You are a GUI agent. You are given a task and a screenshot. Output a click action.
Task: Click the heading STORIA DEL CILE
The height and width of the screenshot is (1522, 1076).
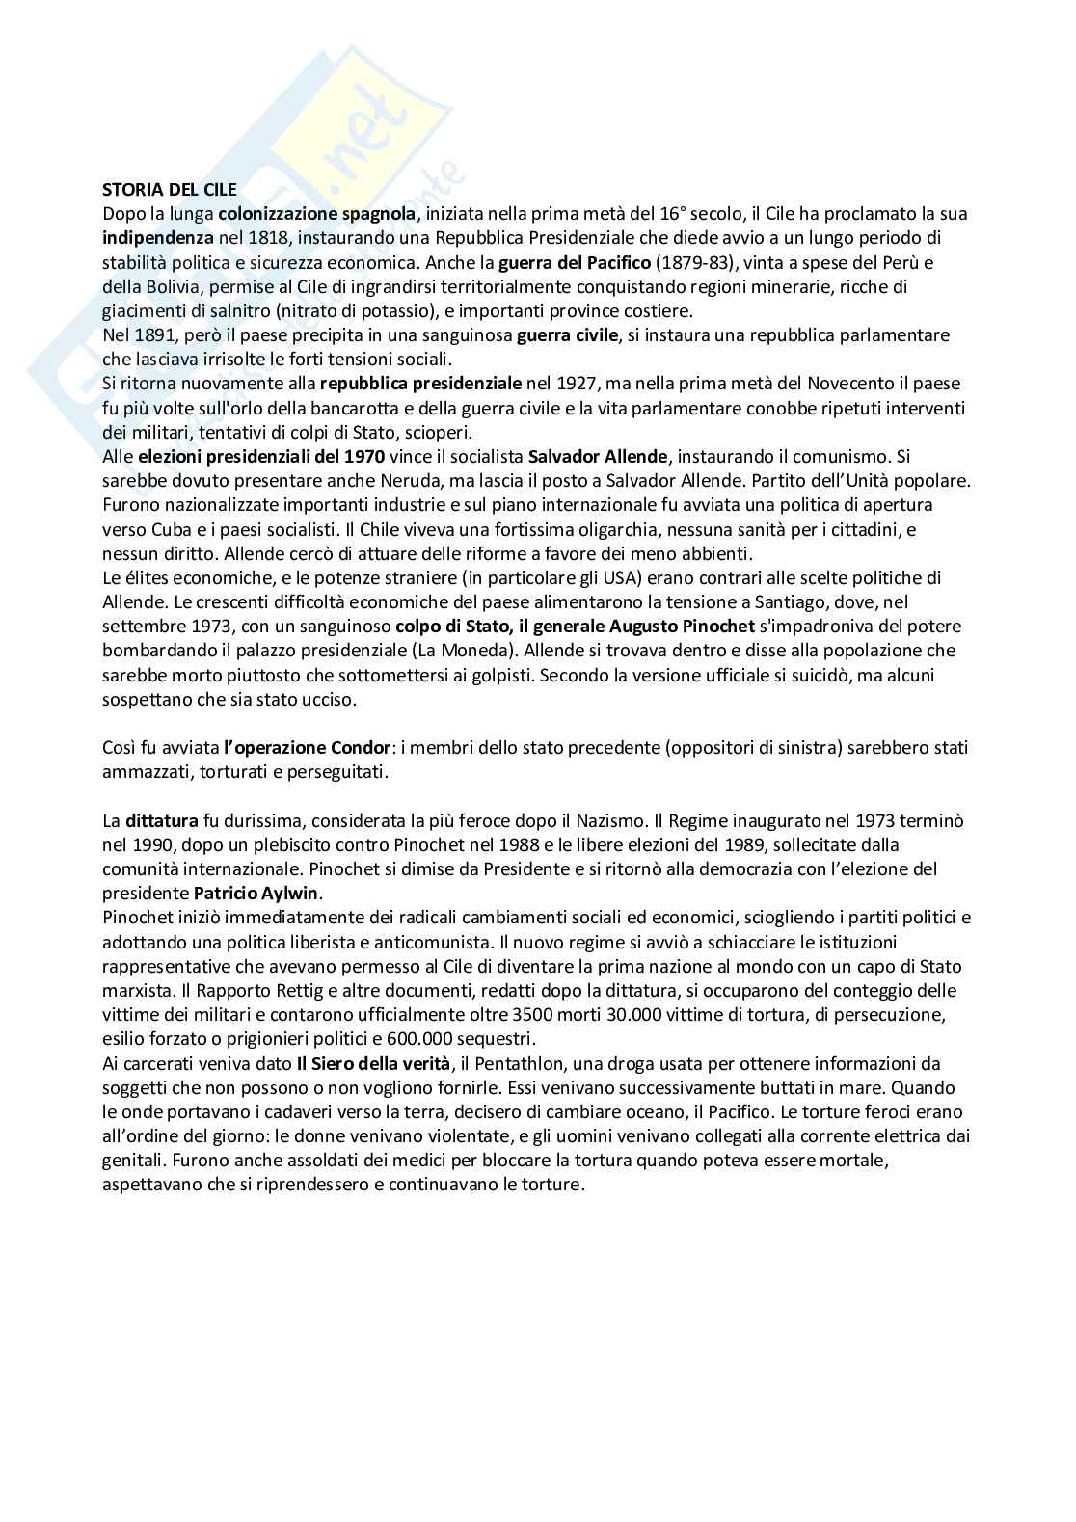[x=170, y=190]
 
